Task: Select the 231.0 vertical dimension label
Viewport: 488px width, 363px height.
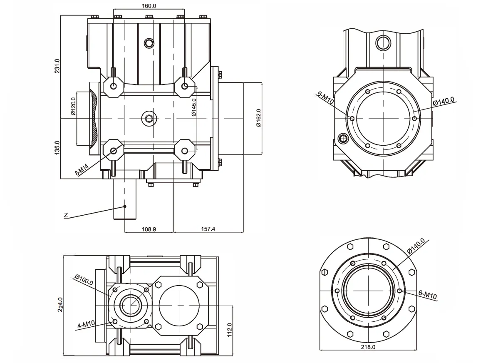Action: point(57,66)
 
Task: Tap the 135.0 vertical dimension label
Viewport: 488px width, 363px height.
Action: point(57,148)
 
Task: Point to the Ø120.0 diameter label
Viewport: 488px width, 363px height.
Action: point(73,108)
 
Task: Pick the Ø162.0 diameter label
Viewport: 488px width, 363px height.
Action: point(258,118)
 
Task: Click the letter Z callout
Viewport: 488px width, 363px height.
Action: point(66,215)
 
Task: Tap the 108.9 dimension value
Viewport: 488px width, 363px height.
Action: point(149,229)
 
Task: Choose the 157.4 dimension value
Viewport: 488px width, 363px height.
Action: point(208,229)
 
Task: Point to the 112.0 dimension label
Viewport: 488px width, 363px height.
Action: point(229,330)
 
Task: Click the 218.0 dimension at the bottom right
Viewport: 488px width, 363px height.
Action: point(368,346)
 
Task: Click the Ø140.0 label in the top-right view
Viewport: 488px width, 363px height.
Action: point(443,102)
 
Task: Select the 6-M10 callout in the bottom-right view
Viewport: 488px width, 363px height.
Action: point(427,296)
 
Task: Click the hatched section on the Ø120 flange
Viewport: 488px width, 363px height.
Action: point(95,119)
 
